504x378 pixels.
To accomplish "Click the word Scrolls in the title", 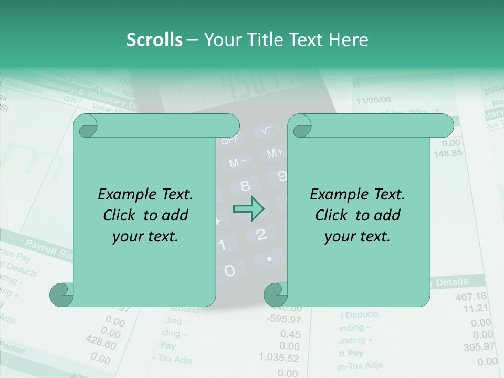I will click(x=154, y=40).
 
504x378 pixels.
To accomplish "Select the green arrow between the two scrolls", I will click(x=248, y=208).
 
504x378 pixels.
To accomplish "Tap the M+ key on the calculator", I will click(x=275, y=153).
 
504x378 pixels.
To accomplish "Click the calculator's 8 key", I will click(x=245, y=185).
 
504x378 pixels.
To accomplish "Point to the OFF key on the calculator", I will click(x=229, y=140).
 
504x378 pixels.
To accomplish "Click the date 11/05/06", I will click(x=373, y=100).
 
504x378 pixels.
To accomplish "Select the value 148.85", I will click(x=448, y=153).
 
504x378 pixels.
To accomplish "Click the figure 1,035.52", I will click(x=279, y=358).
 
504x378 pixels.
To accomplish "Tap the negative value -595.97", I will click(x=283, y=319).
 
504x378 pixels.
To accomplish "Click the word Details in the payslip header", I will click(x=452, y=282).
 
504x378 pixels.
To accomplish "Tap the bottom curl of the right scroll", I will click(x=275, y=295).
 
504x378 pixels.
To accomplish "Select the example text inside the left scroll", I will click(x=145, y=215).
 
